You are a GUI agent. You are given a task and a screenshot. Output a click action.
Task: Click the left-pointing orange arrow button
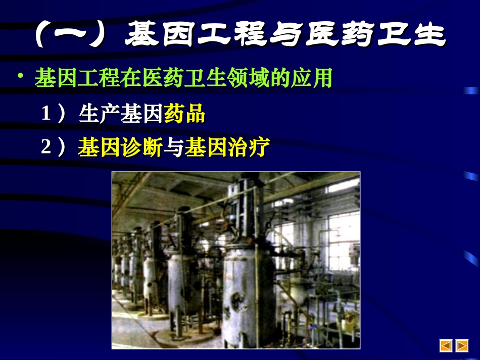pos(446,345)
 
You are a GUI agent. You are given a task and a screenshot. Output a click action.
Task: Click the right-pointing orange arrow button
pos(462,345)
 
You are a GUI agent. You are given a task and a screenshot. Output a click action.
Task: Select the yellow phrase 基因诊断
pos(120,148)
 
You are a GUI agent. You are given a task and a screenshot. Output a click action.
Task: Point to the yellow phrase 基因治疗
pos(227,148)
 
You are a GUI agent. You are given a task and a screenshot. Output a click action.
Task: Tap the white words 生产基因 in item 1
pos(121,115)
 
